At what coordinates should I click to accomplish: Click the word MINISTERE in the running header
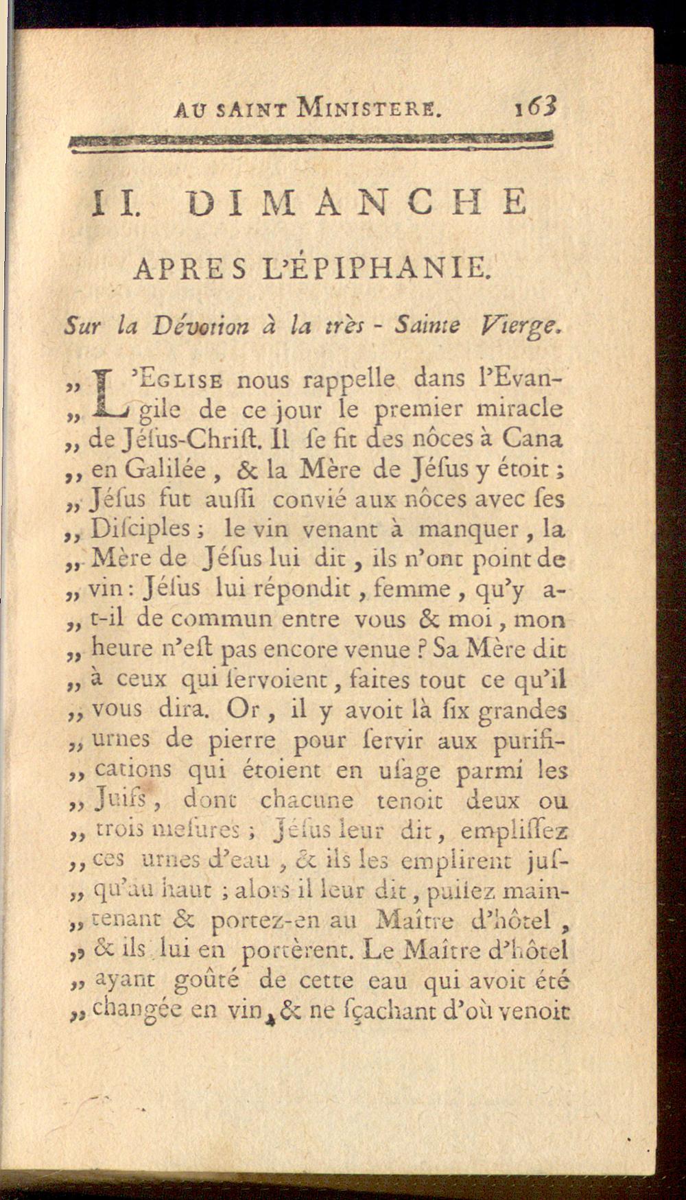point(370,108)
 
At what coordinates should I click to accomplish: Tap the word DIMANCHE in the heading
point(358,203)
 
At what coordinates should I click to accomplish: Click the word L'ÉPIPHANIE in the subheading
point(395,268)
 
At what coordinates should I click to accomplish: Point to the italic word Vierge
point(522,326)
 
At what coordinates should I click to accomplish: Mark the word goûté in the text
point(206,981)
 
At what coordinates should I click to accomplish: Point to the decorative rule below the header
point(311,140)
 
